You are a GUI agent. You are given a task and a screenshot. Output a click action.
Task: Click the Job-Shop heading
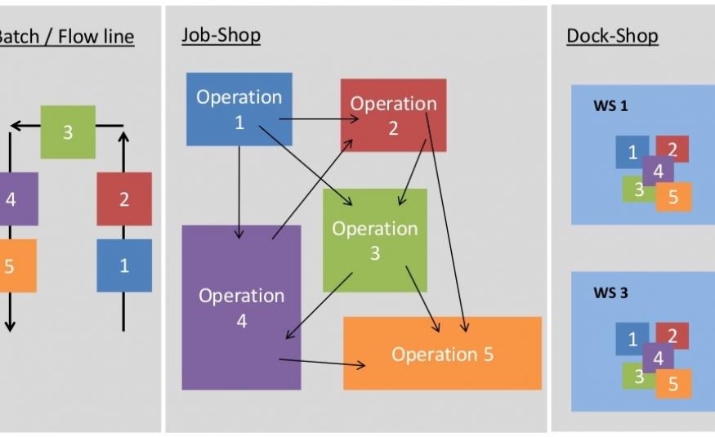[221, 35]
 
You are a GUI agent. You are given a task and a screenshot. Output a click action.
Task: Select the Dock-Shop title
[611, 36]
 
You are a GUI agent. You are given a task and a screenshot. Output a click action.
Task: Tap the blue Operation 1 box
[239, 109]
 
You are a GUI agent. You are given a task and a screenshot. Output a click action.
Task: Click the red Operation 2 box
[393, 114]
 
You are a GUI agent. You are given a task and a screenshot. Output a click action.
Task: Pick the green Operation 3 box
[374, 240]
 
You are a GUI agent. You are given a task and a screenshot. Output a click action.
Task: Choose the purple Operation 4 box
[241, 308]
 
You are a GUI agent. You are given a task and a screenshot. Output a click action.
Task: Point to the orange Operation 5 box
[442, 354]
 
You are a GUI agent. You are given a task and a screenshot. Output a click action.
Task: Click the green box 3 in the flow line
[68, 132]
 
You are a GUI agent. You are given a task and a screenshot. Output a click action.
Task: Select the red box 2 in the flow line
[124, 198]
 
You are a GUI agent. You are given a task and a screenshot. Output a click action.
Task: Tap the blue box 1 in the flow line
[124, 265]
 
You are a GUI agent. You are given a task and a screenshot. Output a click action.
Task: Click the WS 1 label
[610, 106]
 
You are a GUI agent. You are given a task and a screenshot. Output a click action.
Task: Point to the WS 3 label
[610, 292]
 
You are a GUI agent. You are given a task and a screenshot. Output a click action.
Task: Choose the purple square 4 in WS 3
[658, 357]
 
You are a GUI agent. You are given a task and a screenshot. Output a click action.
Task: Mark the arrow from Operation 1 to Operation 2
[319, 119]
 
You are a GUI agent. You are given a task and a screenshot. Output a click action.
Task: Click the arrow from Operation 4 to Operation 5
[323, 362]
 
